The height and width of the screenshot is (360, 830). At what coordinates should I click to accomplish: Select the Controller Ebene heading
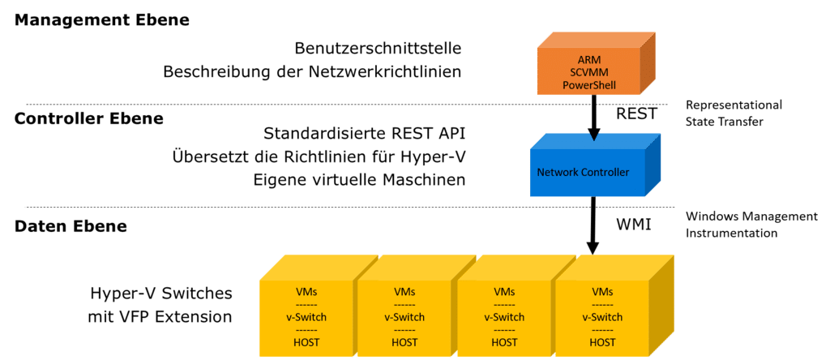pos(89,118)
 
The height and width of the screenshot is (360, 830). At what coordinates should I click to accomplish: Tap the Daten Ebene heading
pos(71,226)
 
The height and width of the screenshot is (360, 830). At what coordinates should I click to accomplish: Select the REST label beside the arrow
pos(636,114)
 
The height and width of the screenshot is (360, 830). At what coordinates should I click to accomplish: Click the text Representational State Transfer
pos(733,114)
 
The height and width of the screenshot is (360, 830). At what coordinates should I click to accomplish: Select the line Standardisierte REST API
pos(365,132)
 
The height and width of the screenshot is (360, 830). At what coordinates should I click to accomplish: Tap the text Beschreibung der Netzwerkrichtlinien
pos(312,71)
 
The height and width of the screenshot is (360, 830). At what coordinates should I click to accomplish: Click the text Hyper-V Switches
pos(161,293)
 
